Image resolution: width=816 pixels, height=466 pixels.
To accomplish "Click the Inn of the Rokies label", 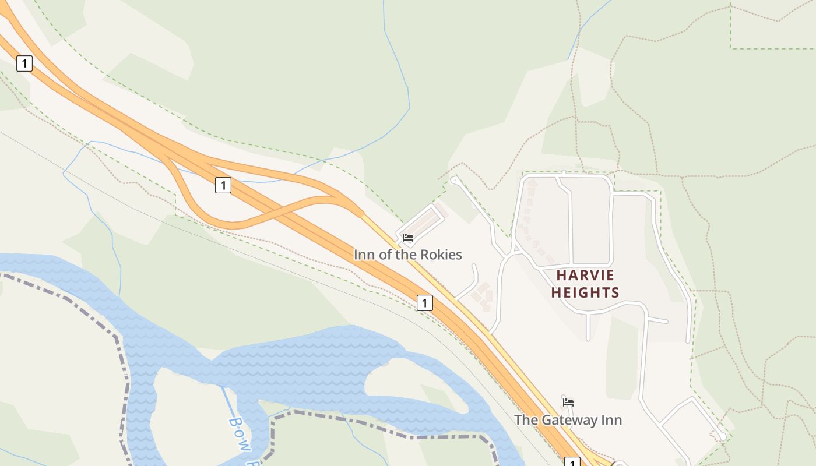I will [x=407, y=255].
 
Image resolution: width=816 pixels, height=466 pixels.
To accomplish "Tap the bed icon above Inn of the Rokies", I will [x=408, y=238].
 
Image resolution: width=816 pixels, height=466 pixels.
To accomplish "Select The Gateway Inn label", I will [x=568, y=420].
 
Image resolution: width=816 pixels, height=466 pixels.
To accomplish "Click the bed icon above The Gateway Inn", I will [x=568, y=402].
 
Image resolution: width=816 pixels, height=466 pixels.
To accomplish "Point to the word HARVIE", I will [x=585, y=275].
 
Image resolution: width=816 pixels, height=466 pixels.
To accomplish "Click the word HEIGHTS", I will [x=585, y=292].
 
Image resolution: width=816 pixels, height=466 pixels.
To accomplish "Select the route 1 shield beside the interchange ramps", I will [x=223, y=185].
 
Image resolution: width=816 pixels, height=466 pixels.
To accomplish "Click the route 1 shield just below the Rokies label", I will [x=425, y=303].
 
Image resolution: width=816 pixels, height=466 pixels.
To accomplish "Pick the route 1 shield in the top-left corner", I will [x=24, y=63].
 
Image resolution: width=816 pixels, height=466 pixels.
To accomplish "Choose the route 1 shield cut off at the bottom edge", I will [x=572, y=462].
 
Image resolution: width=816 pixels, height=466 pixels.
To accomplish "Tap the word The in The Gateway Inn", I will [x=526, y=420].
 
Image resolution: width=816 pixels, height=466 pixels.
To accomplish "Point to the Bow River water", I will [x=303, y=361].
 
